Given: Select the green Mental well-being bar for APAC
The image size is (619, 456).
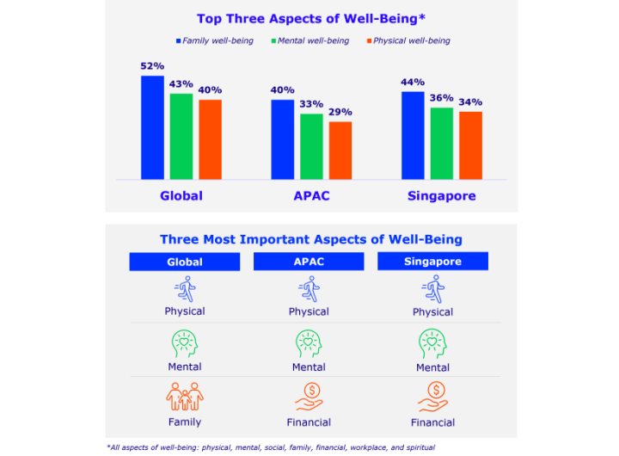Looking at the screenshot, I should click(311, 146).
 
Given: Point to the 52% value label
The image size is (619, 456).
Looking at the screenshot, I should click(152, 66).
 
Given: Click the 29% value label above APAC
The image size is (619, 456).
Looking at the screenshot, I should click(340, 112).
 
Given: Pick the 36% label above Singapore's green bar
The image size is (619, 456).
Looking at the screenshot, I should click(442, 98).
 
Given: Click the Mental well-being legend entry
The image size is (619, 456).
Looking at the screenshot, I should click(310, 40).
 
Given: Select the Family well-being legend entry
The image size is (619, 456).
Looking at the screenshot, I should click(214, 40).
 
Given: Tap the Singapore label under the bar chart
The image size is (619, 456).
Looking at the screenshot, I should click(441, 196).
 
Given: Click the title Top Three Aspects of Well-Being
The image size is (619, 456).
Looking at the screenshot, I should click(311, 18).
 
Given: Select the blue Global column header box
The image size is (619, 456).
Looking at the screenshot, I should click(185, 262).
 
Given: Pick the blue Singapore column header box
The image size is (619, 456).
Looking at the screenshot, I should click(432, 262).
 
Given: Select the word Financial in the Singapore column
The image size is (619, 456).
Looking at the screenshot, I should click(432, 423).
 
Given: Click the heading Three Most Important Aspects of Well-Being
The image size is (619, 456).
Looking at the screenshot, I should click(311, 239).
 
